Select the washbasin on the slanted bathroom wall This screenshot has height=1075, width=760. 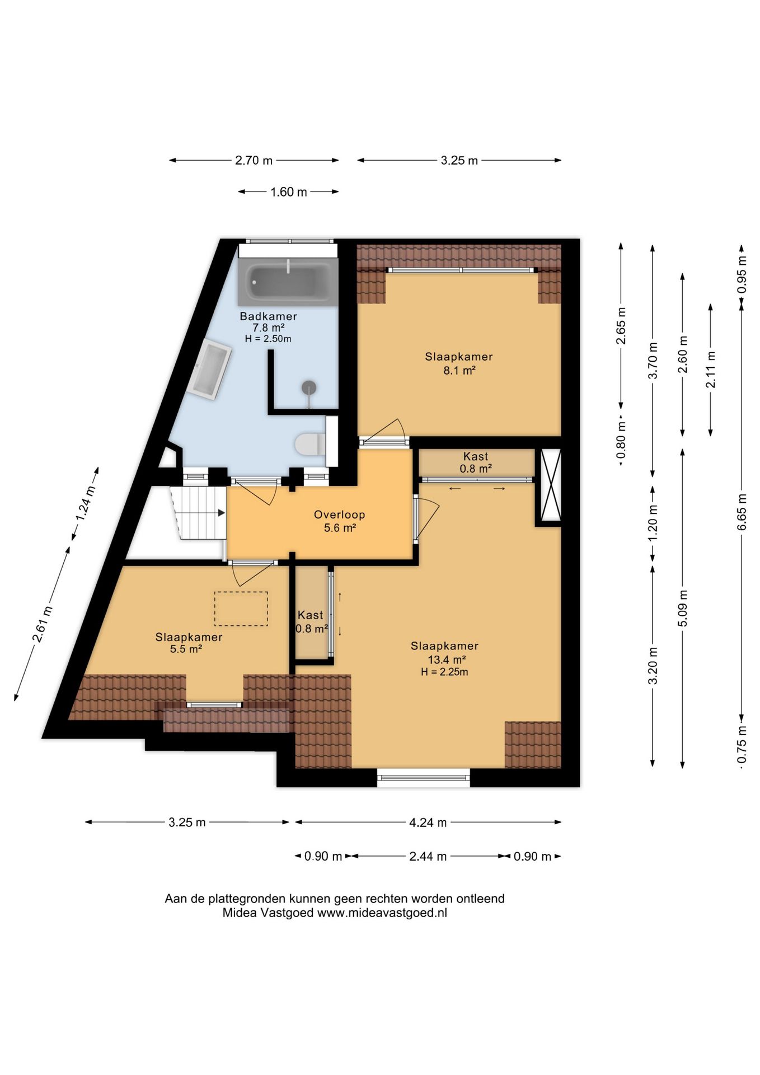[212, 369]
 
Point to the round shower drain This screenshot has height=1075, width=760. [309, 387]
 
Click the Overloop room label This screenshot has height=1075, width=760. [340, 515]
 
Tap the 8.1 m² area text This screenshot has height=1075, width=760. [459, 370]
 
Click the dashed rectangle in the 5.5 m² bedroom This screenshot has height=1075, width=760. [241, 609]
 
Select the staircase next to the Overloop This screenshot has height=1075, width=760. [199, 513]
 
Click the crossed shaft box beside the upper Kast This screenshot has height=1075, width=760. [548, 485]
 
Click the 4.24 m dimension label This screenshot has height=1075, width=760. [428, 822]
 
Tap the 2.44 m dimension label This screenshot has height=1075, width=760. [428, 856]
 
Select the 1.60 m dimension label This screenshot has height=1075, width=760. [289, 192]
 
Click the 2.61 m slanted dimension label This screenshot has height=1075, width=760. [43, 624]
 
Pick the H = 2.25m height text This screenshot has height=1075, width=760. [445, 672]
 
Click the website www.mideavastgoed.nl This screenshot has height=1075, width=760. [382, 913]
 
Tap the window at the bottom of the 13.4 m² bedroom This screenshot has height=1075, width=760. [424, 777]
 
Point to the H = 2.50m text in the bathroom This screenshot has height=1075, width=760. [268, 339]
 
